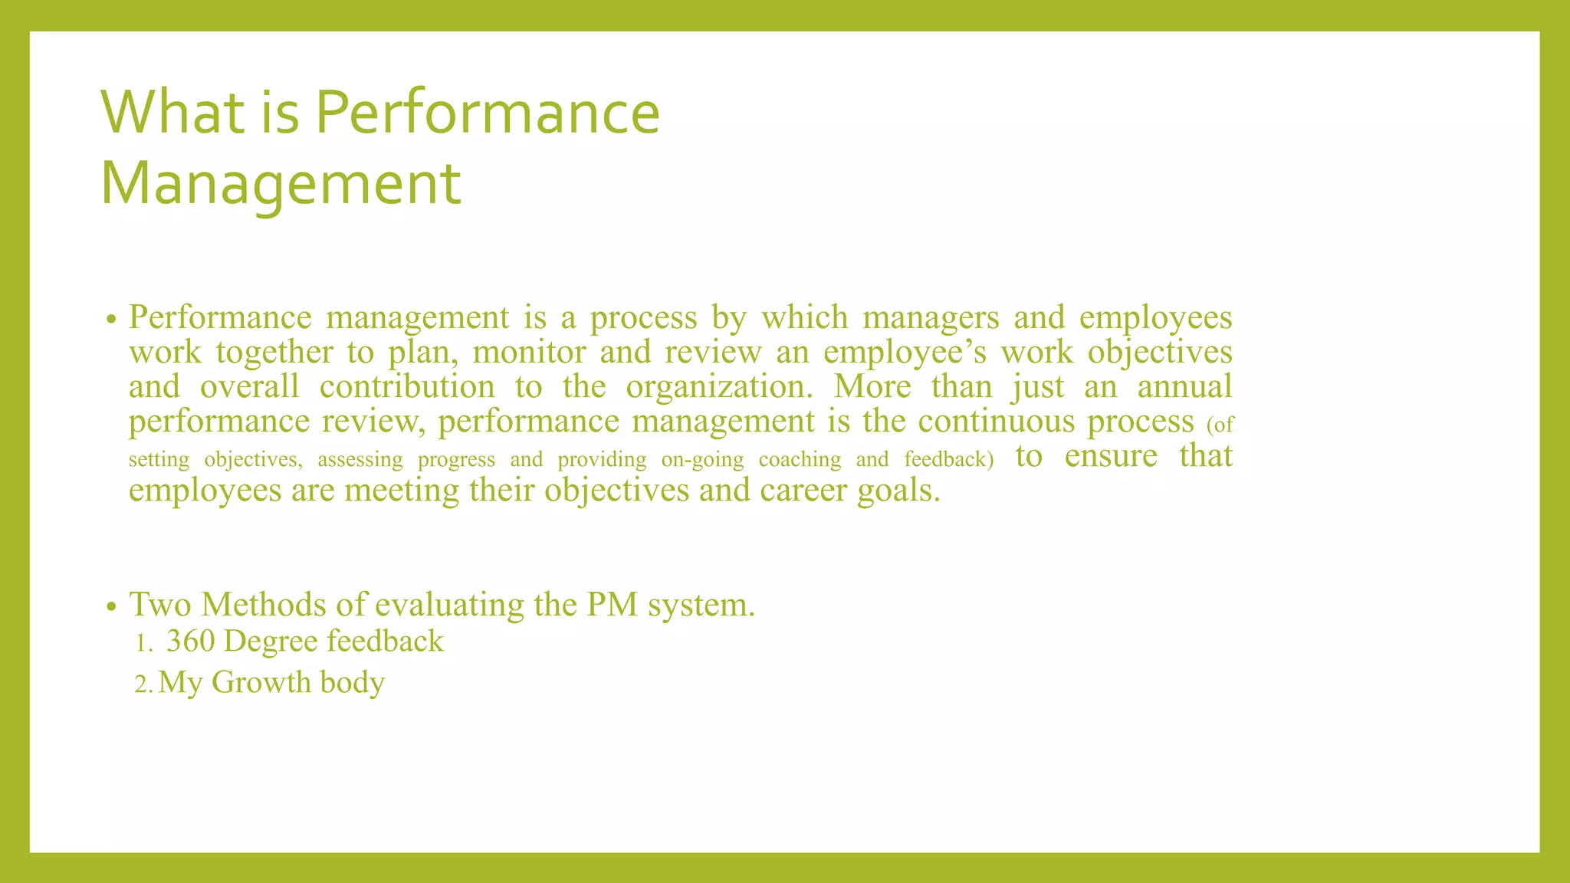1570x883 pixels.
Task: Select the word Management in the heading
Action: [281, 183]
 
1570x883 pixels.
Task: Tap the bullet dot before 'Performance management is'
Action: [111, 320]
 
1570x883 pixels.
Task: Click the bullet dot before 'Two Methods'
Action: [111, 607]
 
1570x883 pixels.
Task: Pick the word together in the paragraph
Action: [274, 353]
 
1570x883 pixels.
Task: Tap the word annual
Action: [1184, 386]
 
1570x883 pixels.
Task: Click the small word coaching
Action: [800, 459]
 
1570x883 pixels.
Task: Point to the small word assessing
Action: [360, 459]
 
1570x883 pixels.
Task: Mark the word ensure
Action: [1111, 455]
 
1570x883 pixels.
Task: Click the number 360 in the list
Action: [190, 642]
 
